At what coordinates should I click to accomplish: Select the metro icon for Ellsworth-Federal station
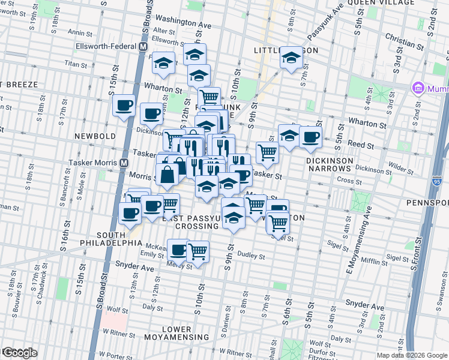143,46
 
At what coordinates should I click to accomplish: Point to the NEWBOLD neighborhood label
95,136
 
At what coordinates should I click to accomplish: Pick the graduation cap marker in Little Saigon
291,58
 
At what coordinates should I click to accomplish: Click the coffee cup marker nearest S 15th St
124,106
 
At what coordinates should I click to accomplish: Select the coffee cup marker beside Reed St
310,137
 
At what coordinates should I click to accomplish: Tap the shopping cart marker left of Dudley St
197,253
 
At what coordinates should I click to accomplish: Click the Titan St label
76,63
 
